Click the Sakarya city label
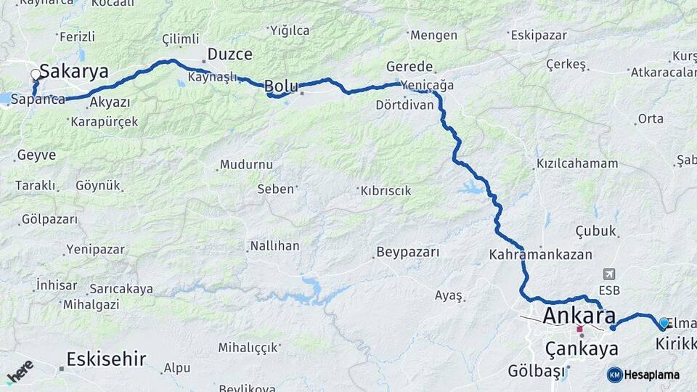tap(74, 71)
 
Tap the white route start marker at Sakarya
tap(36, 74)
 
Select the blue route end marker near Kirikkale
tap(663, 323)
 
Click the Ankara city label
tap(579, 316)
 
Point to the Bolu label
tap(280, 86)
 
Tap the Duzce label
tap(229, 54)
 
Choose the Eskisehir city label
tap(106, 359)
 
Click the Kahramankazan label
tap(540, 255)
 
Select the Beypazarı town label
tap(407, 253)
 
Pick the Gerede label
tap(409, 66)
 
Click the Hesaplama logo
tap(643, 375)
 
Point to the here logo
tap(20, 372)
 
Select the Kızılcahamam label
tap(577, 163)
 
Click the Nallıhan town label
tap(274, 245)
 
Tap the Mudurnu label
tap(246, 164)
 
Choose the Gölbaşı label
tap(537, 372)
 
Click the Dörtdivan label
tap(405, 105)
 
